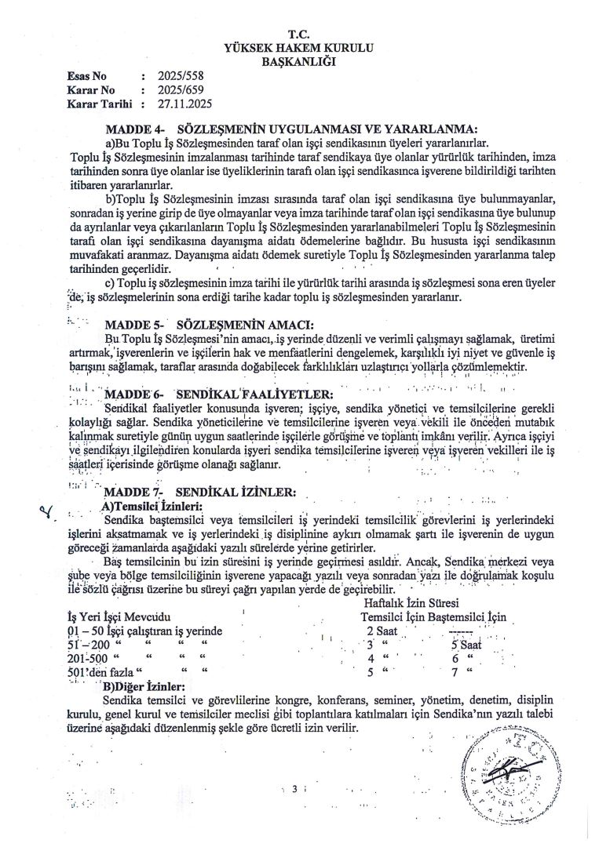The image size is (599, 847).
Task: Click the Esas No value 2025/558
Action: pyautogui.click(x=180, y=77)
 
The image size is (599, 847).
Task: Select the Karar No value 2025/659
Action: pyautogui.click(x=180, y=90)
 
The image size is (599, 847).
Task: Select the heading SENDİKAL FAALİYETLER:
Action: pyautogui.click(x=254, y=394)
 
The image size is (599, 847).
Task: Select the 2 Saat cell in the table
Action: pyautogui.click(x=384, y=631)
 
